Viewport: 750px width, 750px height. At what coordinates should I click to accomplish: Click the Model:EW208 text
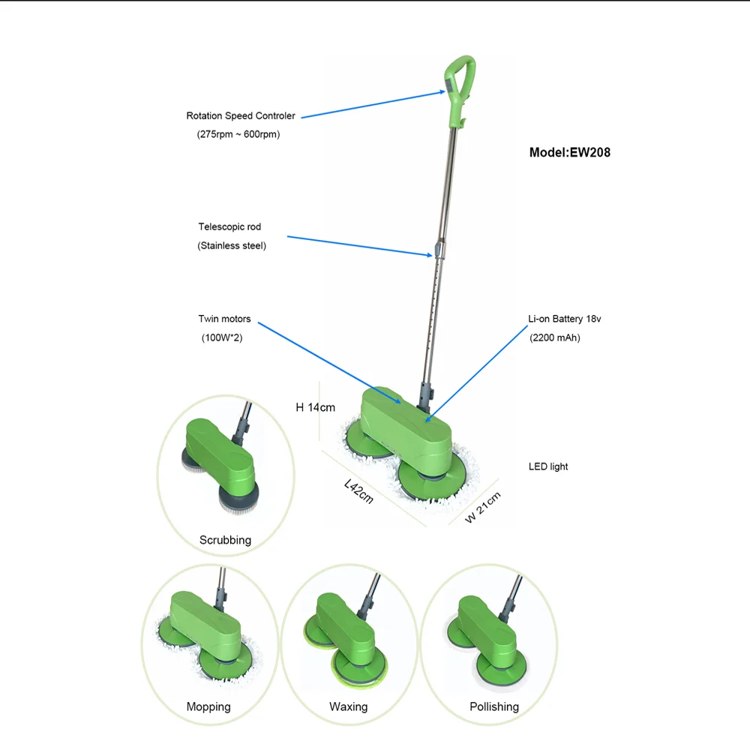[569, 152]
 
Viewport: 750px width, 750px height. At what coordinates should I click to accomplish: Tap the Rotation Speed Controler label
[241, 116]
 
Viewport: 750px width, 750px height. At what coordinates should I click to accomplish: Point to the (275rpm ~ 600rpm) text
[233, 135]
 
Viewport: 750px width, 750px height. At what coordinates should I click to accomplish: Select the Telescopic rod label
[229, 226]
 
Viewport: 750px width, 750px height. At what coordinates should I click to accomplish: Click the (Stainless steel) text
[232, 245]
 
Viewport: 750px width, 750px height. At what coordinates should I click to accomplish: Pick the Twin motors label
[224, 319]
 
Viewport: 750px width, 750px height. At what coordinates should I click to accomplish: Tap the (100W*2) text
[222, 338]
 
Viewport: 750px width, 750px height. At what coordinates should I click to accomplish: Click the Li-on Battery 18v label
[565, 319]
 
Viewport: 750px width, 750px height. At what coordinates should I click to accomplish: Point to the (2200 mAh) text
[555, 337]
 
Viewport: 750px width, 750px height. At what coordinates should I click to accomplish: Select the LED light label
[548, 466]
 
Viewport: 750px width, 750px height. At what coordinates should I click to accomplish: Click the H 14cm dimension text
[315, 407]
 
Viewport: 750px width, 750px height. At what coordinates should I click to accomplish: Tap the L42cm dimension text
[358, 490]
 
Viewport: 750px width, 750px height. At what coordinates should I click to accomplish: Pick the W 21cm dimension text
[482, 506]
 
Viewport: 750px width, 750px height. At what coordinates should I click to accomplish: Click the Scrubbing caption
[225, 540]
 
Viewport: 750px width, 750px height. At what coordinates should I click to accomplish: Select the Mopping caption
[208, 706]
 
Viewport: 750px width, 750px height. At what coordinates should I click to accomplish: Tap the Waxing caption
[348, 706]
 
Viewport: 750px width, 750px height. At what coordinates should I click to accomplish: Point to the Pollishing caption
[494, 706]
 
